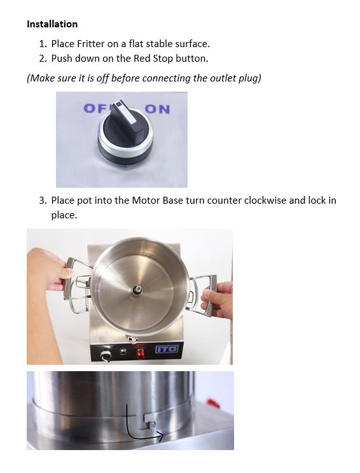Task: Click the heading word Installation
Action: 52,24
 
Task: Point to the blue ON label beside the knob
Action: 157,109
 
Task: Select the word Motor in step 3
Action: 146,201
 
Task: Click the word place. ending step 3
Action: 64,215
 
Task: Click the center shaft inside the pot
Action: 137,290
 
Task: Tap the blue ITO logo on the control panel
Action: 167,349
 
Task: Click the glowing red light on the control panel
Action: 140,353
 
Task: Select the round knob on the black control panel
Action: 106,355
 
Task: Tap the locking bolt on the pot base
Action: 151,425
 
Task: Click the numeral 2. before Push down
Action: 43,59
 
